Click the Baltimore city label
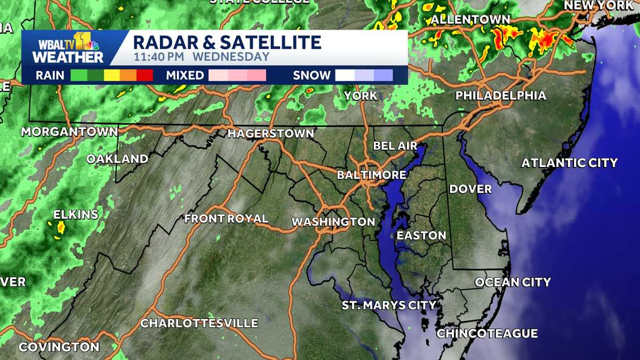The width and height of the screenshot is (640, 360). [372, 175]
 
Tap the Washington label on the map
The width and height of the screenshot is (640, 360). [333, 221]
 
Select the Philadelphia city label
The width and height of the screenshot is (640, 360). [500, 96]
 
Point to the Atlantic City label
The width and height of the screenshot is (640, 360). [569, 163]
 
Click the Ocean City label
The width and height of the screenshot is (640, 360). [513, 282]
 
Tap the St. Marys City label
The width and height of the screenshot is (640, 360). [389, 306]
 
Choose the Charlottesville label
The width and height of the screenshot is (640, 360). [199, 324]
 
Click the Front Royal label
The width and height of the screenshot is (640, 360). [226, 219]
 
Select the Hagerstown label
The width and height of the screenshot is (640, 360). [270, 134]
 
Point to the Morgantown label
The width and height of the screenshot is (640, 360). [69, 132]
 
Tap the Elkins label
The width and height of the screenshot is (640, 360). [76, 215]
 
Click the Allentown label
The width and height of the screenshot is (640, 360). [470, 20]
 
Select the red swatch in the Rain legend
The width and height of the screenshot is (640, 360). [145, 75]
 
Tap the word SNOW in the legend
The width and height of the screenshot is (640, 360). [311, 75]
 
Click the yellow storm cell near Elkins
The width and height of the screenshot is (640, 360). [60, 228]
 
